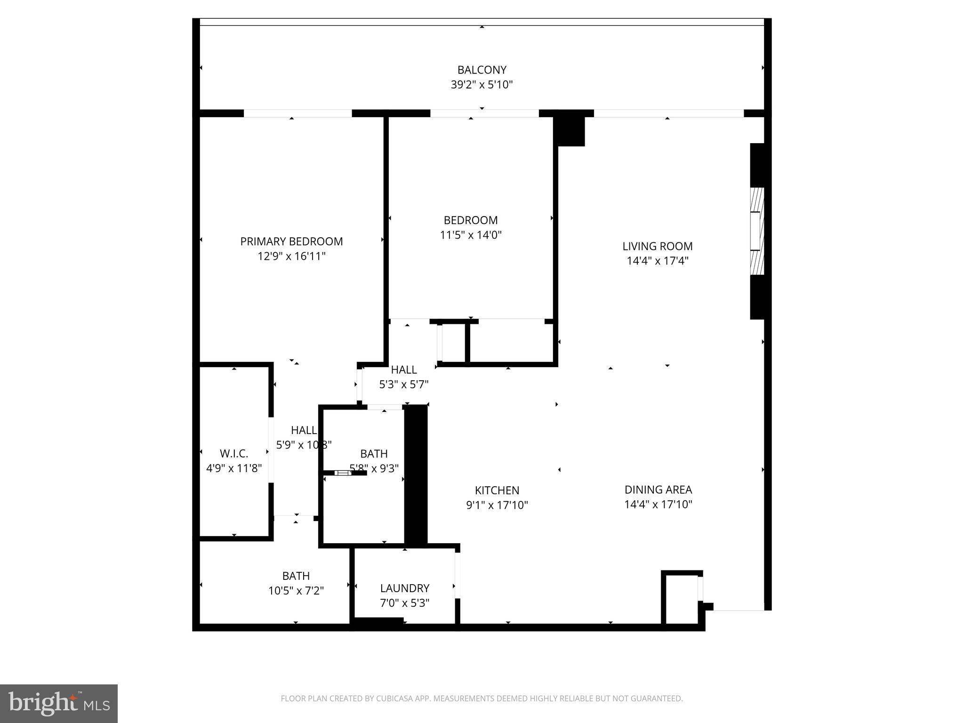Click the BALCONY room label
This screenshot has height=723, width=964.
482,70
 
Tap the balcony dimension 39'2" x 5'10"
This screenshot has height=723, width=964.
482,85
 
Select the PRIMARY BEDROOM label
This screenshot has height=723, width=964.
291,241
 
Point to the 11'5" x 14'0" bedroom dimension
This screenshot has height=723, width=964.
471,235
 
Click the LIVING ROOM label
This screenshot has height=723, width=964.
657,246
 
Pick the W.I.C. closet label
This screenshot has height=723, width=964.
234,454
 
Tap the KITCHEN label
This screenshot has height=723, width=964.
497,490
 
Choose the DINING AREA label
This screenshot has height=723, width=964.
658,490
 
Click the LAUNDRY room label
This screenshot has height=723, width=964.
405,588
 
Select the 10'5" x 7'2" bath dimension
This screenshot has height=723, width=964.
296,591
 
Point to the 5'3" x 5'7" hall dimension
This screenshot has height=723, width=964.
404,385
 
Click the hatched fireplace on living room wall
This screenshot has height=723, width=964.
757,231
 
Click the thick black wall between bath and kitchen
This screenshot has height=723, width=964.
416,475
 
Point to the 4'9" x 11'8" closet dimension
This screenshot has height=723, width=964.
234,468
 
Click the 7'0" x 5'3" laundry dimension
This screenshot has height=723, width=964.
405,603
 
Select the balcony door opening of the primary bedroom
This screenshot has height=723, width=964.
297,113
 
